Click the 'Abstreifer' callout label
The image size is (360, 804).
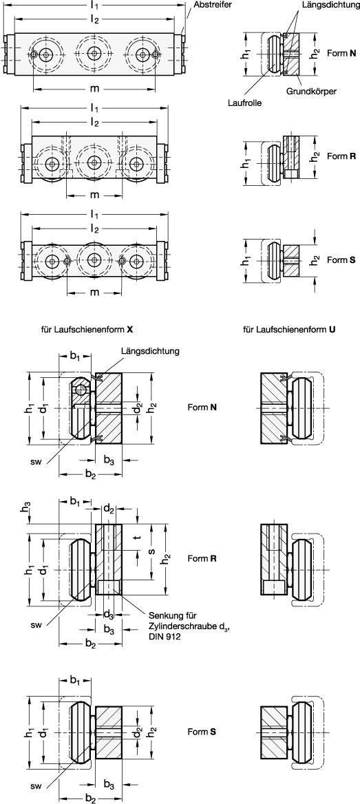212,5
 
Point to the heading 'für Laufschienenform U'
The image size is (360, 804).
290,329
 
